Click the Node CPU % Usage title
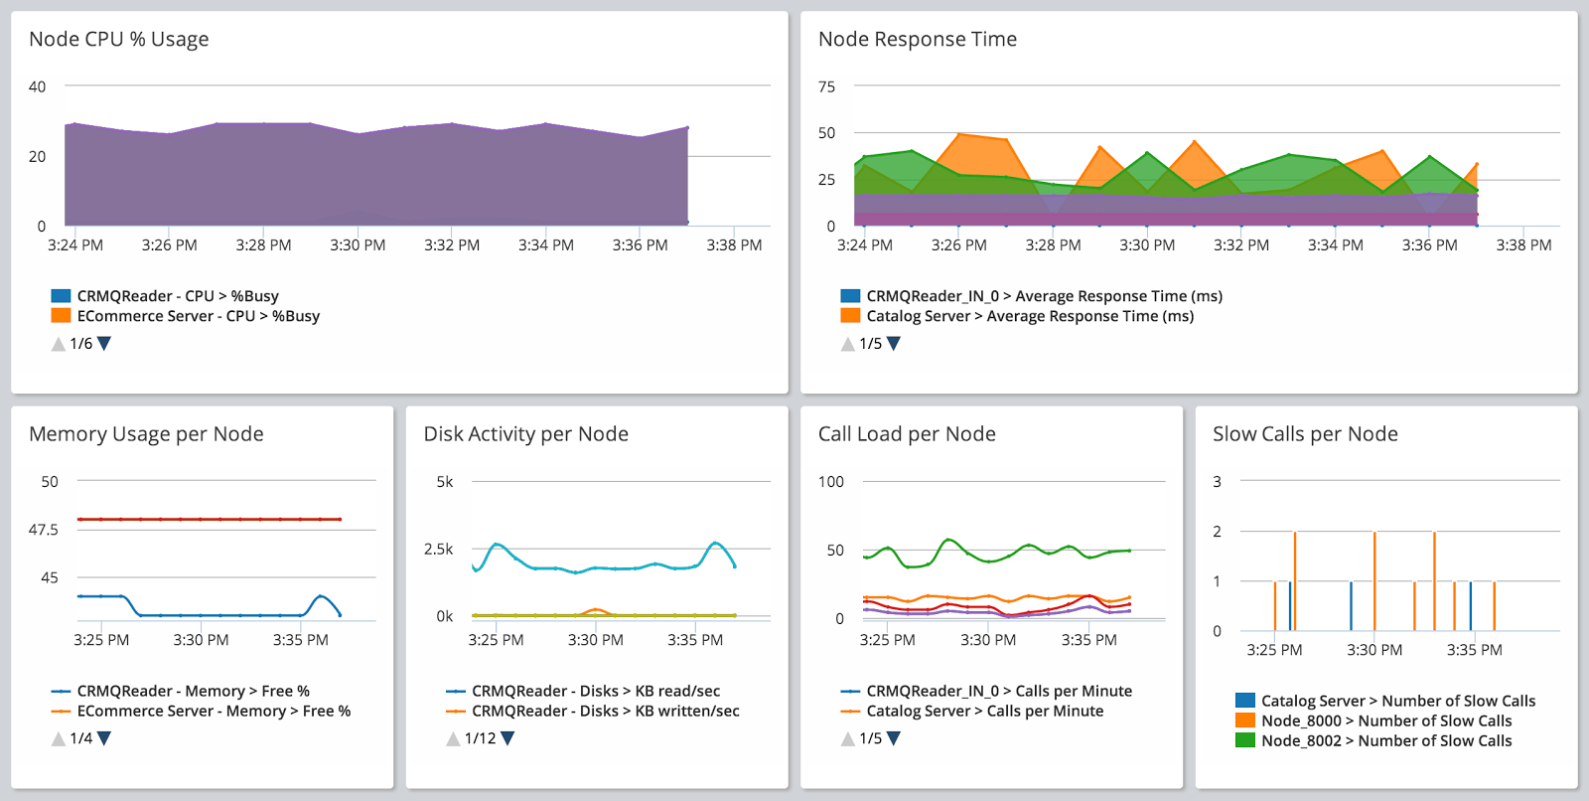point(118,39)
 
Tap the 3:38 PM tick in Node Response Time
point(1522,244)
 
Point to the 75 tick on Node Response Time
point(826,86)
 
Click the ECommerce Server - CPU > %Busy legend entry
point(198,316)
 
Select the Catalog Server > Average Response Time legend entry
point(1029,316)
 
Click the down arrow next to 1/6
point(104,343)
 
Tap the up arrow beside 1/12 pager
point(453,738)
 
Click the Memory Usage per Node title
point(146,434)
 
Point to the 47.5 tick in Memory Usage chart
point(43,530)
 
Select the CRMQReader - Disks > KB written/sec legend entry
point(604,711)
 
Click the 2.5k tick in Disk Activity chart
point(438,549)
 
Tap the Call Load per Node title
point(906,434)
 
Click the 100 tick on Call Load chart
point(830,482)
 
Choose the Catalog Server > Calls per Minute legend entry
point(984,711)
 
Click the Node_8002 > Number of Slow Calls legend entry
point(1385,740)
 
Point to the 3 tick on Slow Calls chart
point(1217,482)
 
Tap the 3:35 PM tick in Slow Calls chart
point(1474,650)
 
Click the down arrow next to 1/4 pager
point(104,738)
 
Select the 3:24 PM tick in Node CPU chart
point(74,244)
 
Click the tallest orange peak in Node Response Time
point(958,133)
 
